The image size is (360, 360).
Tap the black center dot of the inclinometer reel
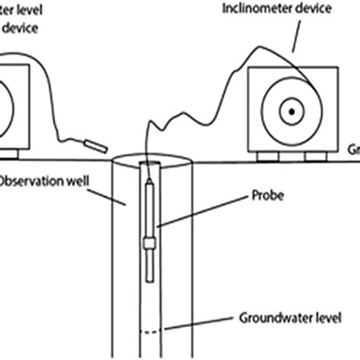pos(290,112)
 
